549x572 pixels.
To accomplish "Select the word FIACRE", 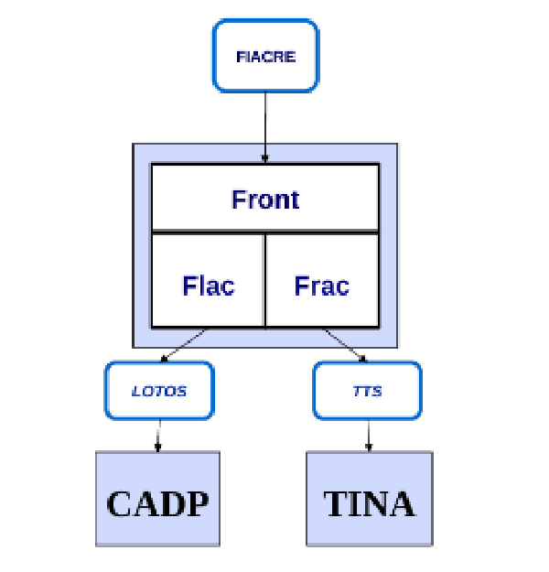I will pyautogui.click(x=265, y=57).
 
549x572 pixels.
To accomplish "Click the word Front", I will pyautogui.click(x=265, y=199).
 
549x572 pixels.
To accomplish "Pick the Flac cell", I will pyautogui.click(x=208, y=286).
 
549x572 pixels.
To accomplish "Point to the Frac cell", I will pyautogui.click(x=322, y=286).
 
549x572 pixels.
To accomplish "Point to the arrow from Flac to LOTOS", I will pyautogui.click(x=183, y=344).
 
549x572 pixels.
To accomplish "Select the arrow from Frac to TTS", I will pyautogui.click(x=346, y=344).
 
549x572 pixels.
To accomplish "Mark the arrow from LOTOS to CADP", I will pyautogui.click(x=158, y=434).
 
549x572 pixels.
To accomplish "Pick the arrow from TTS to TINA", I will pyautogui.click(x=368, y=434).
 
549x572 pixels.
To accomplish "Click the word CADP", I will pyautogui.click(x=157, y=503).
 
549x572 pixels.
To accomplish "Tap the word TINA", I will pyautogui.click(x=368, y=503).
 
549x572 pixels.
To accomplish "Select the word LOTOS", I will pyautogui.click(x=159, y=391).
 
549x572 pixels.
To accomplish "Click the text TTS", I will pyautogui.click(x=368, y=391).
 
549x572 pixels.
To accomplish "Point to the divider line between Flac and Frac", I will pyautogui.click(x=264, y=279).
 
